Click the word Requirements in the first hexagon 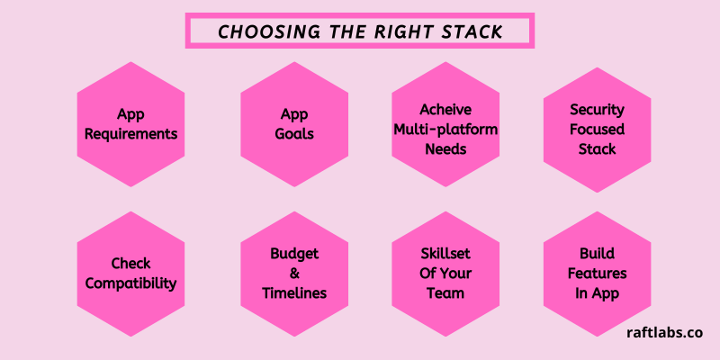coord(130,134)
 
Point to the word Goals coord(294,134)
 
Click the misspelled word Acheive coord(445,110)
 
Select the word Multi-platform coord(445,130)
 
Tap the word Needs coord(445,149)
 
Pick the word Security coord(597,110)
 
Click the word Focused coord(597,130)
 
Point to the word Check coord(130,264)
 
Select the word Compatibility coord(130,283)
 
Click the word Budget coord(294,254)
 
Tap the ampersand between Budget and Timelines coord(294,274)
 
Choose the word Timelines coord(294,293)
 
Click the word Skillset coord(445,254)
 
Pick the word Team coord(445,293)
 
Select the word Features coord(597,274)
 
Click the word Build coord(597,254)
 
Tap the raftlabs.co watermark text coord(665,333)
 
